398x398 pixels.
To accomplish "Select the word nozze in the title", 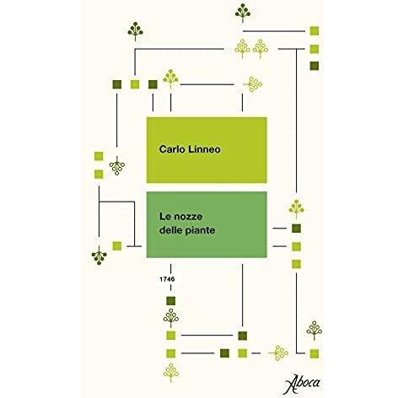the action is [188, 217].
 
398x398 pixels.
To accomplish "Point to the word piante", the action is [201, 230].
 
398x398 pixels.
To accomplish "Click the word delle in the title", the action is [171, 230].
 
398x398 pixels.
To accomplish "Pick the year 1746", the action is [167, 279].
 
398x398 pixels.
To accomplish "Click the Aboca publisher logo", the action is [303, 384].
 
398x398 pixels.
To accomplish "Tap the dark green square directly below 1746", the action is [171, 301].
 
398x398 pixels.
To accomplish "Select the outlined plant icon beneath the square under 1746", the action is [171, 318].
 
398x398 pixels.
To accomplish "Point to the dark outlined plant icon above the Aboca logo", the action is [315, 331].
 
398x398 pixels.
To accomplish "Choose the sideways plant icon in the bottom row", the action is [278, 353].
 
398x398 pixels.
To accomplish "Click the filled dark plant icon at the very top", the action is [243, 13].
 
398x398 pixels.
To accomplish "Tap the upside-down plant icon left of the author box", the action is [117, 166].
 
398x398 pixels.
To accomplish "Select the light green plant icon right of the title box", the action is [296, 209].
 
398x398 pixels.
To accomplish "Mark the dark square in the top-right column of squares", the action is [315, 66].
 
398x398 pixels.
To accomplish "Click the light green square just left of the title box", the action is [117, 246].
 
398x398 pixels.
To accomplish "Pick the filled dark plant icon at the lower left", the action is [99, 255].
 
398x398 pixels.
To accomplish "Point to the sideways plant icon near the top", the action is [252, 84].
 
